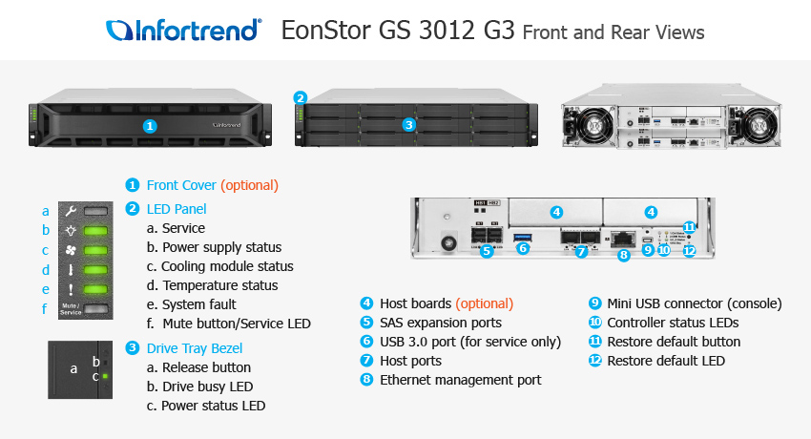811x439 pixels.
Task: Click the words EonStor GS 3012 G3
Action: coord(399,31)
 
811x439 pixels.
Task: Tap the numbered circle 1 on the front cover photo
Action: coord(149,125)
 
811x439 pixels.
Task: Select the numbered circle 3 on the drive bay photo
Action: coord(408,124)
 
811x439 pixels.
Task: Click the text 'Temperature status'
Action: coord(219,285)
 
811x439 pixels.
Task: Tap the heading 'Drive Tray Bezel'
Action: coord(194,348)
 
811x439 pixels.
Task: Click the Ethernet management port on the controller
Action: coord(623,239)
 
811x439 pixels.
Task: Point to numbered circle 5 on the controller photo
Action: coord(487,252)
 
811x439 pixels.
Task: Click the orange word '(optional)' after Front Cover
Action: coord(250,185)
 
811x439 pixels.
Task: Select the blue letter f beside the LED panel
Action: coord(44,308)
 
